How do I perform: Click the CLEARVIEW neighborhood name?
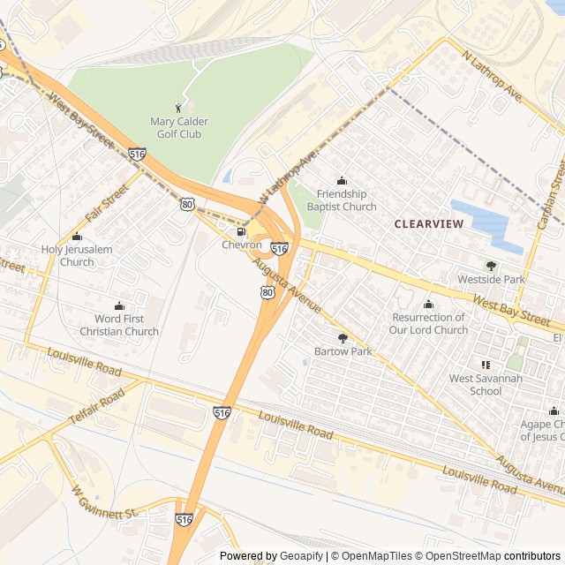[x=428, y=224]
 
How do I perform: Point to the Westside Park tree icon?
[x=491, y=266]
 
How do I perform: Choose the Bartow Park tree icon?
[x=343, y=337]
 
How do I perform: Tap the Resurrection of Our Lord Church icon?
[x=429, y=305]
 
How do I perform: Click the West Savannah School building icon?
[x=485, y=365]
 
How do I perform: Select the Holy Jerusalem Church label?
[x=77, y=255]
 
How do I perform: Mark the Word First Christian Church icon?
[x=119, y=305]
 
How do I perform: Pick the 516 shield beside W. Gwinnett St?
[x=183, y=520]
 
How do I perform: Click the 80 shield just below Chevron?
[x=267, y=291]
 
